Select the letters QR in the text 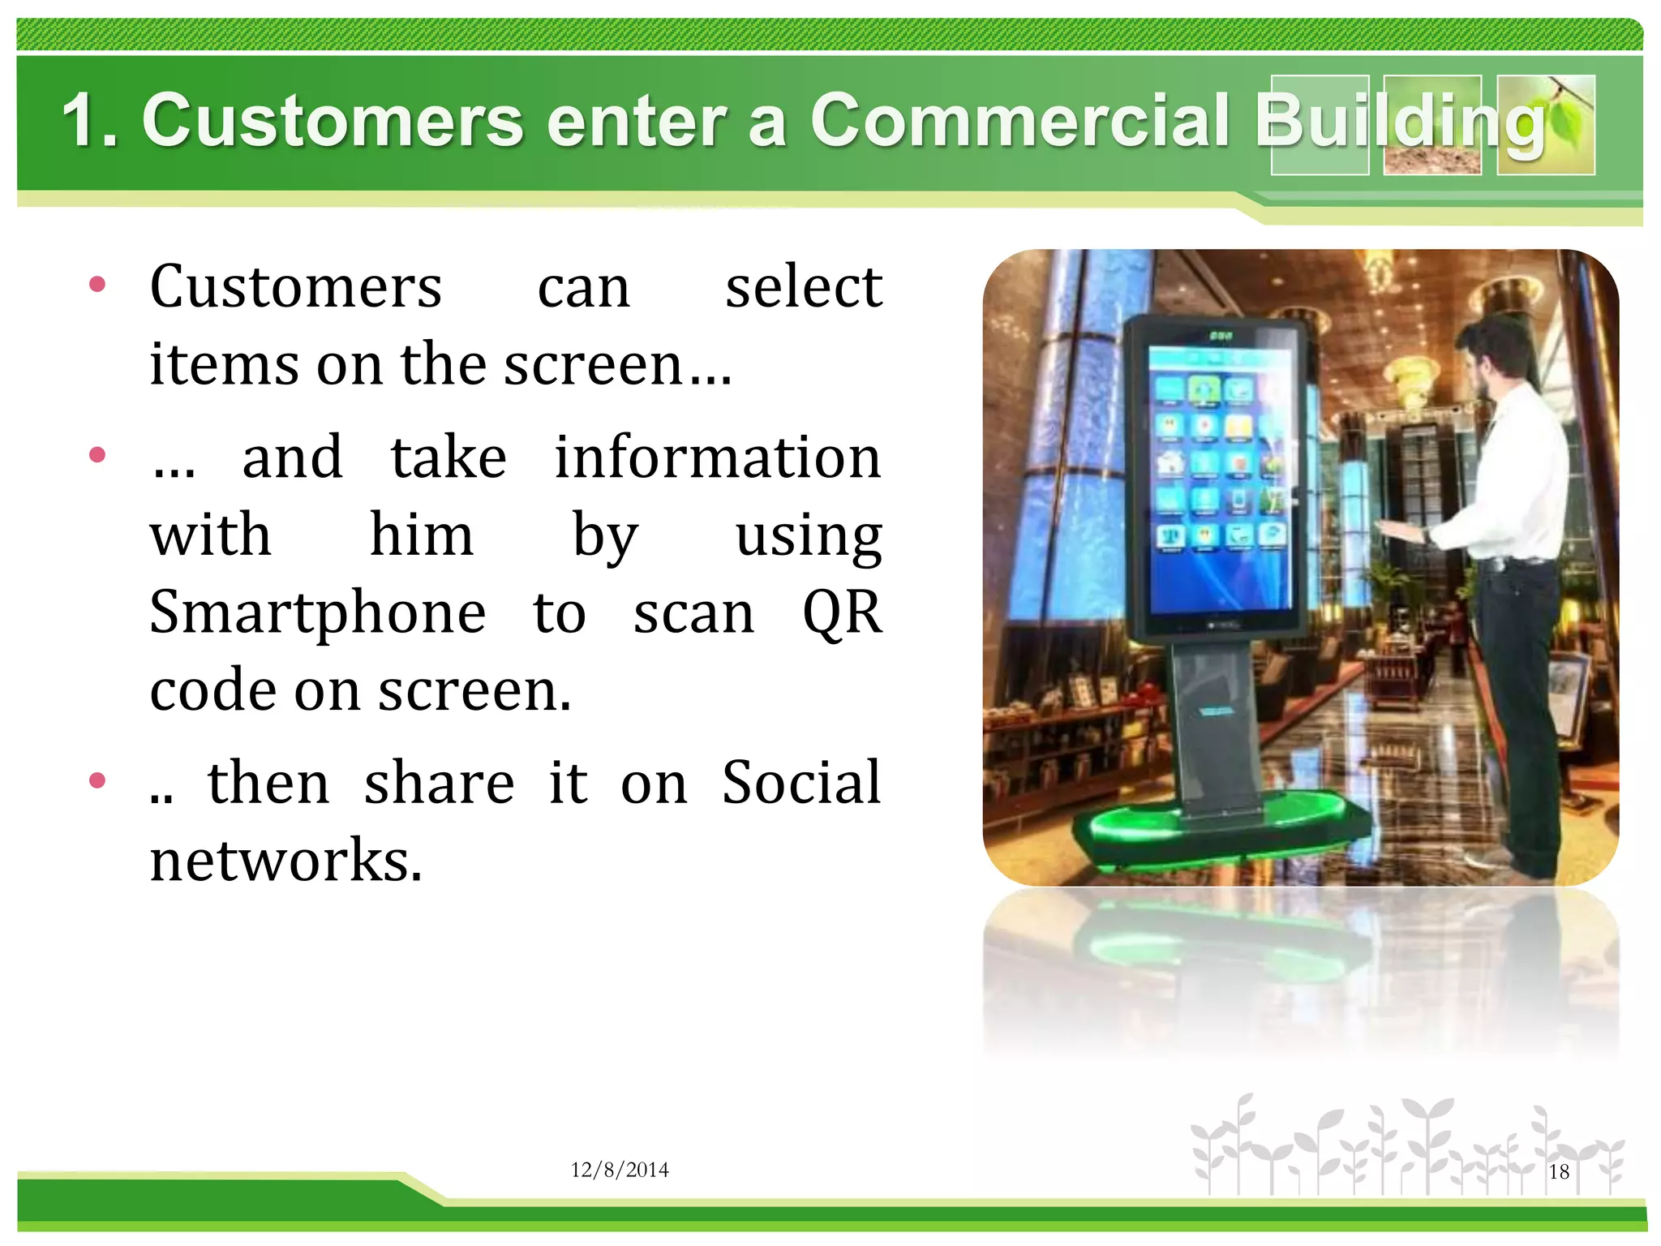[x=841, y=612]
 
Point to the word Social [x=800, y=783]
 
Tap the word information [x=717, y=458]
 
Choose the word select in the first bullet [x=803, y=287]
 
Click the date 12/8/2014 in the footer [x=620, y=1170]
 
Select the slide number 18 [x=1559, y=1171]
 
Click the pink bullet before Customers [x=98, y=284]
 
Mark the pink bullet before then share [x=98, y=780]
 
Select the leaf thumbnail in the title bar [x=1546, y=125]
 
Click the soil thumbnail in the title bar [x=1432, y=125]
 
